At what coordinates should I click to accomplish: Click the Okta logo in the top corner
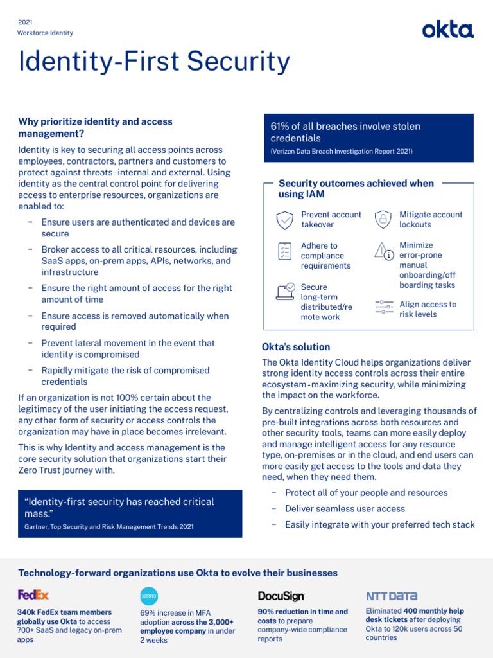[447, 30]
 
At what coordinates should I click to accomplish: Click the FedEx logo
[33, 594]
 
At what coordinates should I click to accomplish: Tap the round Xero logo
[148, 596]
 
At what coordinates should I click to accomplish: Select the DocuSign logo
[281, 596]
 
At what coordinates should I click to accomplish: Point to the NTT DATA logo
[391, 596]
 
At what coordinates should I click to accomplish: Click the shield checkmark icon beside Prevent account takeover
[284, 220]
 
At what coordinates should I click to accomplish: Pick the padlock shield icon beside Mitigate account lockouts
[383, 219]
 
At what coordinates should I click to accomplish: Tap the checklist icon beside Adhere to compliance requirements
[284, 251]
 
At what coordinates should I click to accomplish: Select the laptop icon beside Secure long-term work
[285, 291]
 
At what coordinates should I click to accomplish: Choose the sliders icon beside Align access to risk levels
[384, 307]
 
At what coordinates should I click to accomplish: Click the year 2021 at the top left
[26, 22]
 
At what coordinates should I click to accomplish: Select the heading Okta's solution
[296, 347]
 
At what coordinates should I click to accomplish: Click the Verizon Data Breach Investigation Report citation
[342, 152]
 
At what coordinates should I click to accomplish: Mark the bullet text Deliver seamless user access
[345, 509]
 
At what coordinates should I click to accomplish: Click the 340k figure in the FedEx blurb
[28, 612]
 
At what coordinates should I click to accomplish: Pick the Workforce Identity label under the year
[46, 33]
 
